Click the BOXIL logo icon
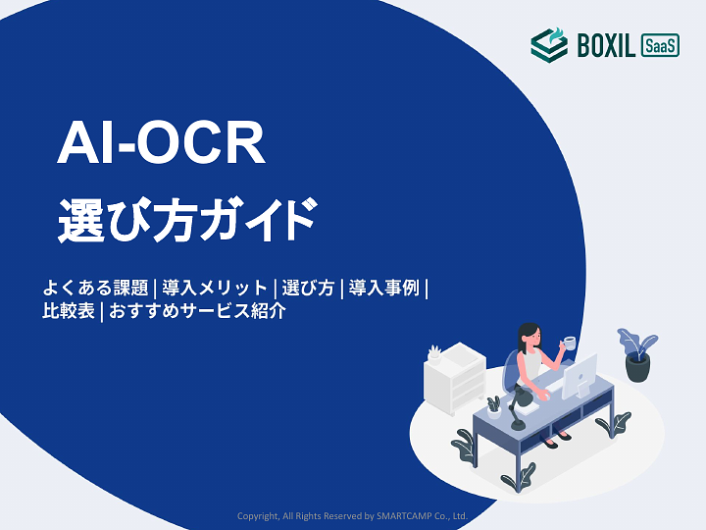click(548, 44)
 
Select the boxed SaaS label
click(660, 45)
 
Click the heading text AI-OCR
click(162, 144)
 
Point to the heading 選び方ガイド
click(187, 219)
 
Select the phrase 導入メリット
click(215, 289)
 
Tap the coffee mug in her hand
click(569, 344)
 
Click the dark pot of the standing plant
click(638, 367)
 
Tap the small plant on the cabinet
click(434, 351)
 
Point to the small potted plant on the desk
click(493, 405)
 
